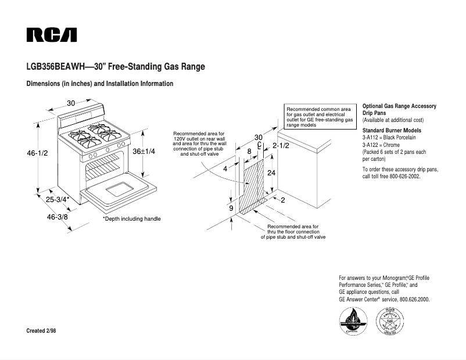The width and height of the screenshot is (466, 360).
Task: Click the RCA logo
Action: point(51,35)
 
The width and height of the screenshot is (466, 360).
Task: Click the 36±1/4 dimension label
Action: point(144,151)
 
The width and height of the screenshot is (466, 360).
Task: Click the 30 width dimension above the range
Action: point(71,103)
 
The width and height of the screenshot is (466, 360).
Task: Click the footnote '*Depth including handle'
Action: point(131,219)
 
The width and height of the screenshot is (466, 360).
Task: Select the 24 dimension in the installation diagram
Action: point(271,173)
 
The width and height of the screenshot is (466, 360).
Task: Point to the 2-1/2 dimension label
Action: point(281,146)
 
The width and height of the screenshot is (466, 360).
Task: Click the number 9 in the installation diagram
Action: point(231,208)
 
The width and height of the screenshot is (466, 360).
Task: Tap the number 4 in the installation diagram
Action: point(225,169)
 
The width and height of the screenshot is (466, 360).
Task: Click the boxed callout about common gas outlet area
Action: point(320,117)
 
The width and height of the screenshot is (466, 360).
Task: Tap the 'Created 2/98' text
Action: point(42,330)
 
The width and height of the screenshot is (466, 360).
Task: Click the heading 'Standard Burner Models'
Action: point(392,130)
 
